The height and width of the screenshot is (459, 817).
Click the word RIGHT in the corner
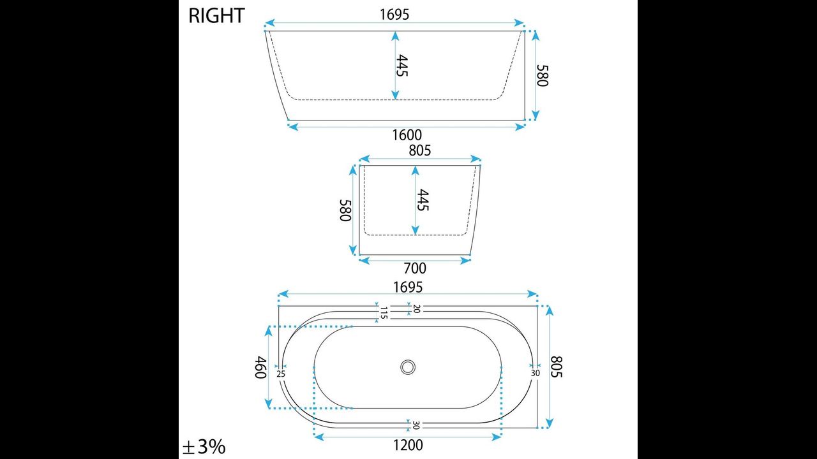[216, 16]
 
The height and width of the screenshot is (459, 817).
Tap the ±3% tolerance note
[204, 447]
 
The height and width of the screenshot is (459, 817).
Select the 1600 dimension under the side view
[407, 135]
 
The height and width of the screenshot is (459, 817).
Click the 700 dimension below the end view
[415, 268]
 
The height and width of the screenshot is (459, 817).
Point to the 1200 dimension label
[408, 445]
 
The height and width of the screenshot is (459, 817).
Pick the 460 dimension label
[260, 367]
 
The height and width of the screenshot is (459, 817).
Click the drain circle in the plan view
[408, 367]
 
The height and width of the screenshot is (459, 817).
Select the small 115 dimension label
[384, 313]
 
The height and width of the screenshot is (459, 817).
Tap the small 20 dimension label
[417, 309]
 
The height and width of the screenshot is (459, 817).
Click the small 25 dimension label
[281, 374]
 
